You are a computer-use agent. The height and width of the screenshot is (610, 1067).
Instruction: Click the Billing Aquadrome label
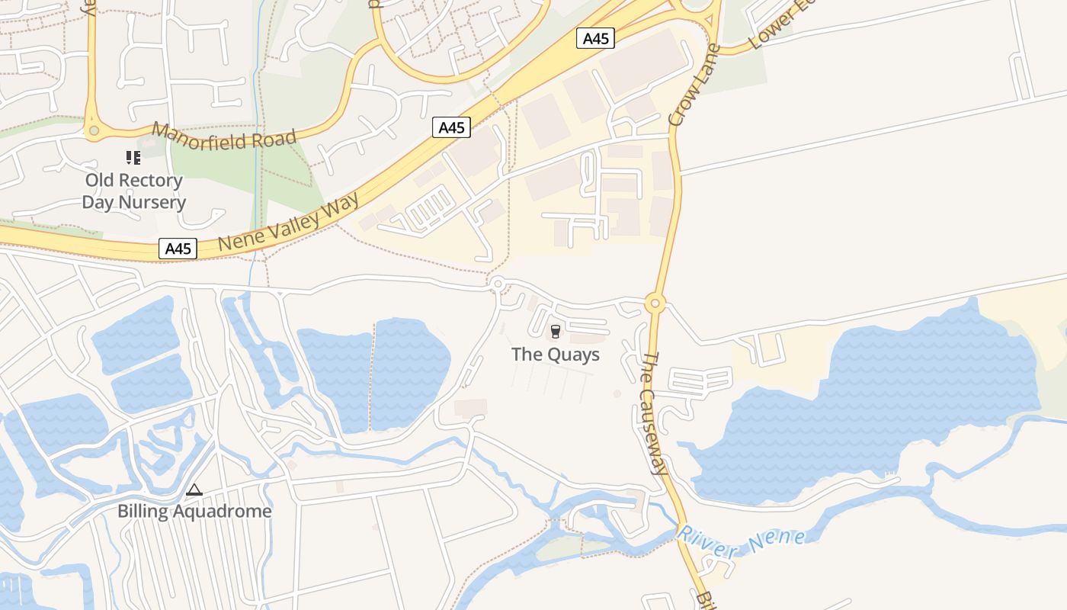[194, 511]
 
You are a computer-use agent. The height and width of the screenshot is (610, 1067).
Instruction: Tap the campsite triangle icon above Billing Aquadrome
[194, 490]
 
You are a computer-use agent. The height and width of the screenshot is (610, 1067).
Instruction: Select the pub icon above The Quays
[555, 332]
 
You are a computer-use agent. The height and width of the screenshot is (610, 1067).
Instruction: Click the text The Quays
[555, 355]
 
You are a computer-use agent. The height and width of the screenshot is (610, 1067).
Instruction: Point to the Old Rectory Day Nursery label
[133, 191]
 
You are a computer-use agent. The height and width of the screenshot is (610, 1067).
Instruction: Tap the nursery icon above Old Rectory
[133, 158]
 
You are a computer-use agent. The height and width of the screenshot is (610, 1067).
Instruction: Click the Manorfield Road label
[223, 136]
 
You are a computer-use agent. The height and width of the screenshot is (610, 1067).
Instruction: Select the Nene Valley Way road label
[289, 221]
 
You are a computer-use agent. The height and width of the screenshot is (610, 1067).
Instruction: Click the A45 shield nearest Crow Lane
[595, 38]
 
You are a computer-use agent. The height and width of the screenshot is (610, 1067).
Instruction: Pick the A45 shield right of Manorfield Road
[451, 127]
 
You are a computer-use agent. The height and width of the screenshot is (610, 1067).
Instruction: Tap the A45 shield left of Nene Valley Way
[178, 249]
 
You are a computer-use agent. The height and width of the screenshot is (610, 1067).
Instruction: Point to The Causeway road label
[652, 413]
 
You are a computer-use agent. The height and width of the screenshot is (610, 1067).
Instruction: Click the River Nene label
[741, 542]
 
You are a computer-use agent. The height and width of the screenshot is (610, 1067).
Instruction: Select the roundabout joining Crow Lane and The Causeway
[655, 303]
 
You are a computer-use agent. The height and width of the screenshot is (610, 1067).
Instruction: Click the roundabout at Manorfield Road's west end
[94, 131]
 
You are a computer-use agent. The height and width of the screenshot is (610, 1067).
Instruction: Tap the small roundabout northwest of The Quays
[498, 284]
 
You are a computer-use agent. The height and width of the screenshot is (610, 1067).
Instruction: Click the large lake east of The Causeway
[876, 412]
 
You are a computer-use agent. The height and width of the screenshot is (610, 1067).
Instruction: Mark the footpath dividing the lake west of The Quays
[373, 374]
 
